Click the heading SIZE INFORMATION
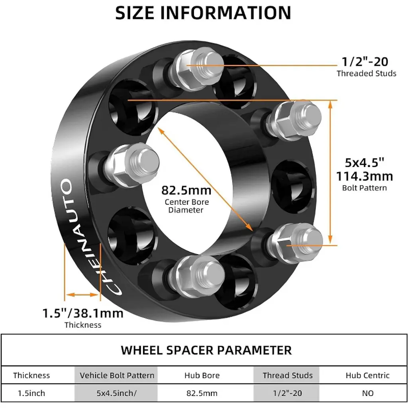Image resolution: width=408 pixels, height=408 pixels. coord(203,13)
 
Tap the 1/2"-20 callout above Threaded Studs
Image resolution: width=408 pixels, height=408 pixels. coord(365,62)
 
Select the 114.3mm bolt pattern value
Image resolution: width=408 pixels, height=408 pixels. coord(365,176)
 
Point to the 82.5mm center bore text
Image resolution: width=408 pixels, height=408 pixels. coord(186,190)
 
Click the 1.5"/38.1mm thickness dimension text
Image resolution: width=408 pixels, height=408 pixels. coord(83,313)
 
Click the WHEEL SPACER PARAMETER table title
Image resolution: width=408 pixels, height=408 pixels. coord(206,350)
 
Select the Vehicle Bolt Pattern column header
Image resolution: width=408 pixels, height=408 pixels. coord(117,375)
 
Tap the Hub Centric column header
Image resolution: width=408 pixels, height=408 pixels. coord(367,375)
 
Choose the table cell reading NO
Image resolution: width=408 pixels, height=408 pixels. coord(368,393)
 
